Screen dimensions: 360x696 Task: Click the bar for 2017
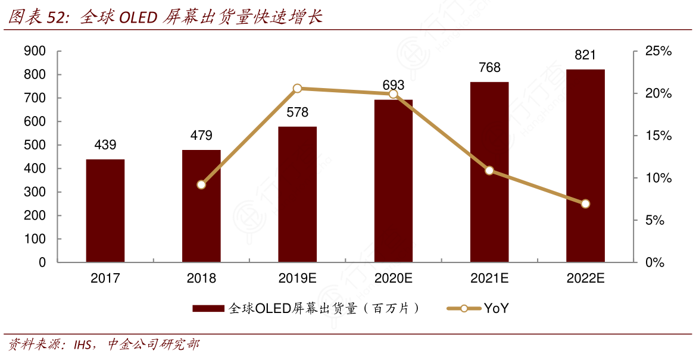pos(105,211)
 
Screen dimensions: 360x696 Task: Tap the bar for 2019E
pos(297,194)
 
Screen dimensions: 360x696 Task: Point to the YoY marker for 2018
pos(201,184)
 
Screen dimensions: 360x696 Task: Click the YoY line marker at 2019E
pos(298,89)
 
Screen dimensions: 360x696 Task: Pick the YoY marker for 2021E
pos(489,171)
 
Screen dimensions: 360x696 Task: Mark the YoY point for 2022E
pos(585,204)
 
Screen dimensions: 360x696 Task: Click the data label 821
pos(585,55)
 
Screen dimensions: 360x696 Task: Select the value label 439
pos(105,145)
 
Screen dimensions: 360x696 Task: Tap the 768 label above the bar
pos(489,68)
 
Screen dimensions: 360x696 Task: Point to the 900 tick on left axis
pos(35,52)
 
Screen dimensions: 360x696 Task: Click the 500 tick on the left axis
pos(35,145)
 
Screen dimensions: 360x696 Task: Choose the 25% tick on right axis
pos(658,52)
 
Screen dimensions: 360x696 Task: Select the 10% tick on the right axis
pos(658,179)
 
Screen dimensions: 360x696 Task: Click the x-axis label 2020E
pos(393,278)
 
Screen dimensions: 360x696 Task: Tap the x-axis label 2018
pos(201,278)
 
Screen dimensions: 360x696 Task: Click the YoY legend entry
pos(479,308)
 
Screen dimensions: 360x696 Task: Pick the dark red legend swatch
pos(209,308)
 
